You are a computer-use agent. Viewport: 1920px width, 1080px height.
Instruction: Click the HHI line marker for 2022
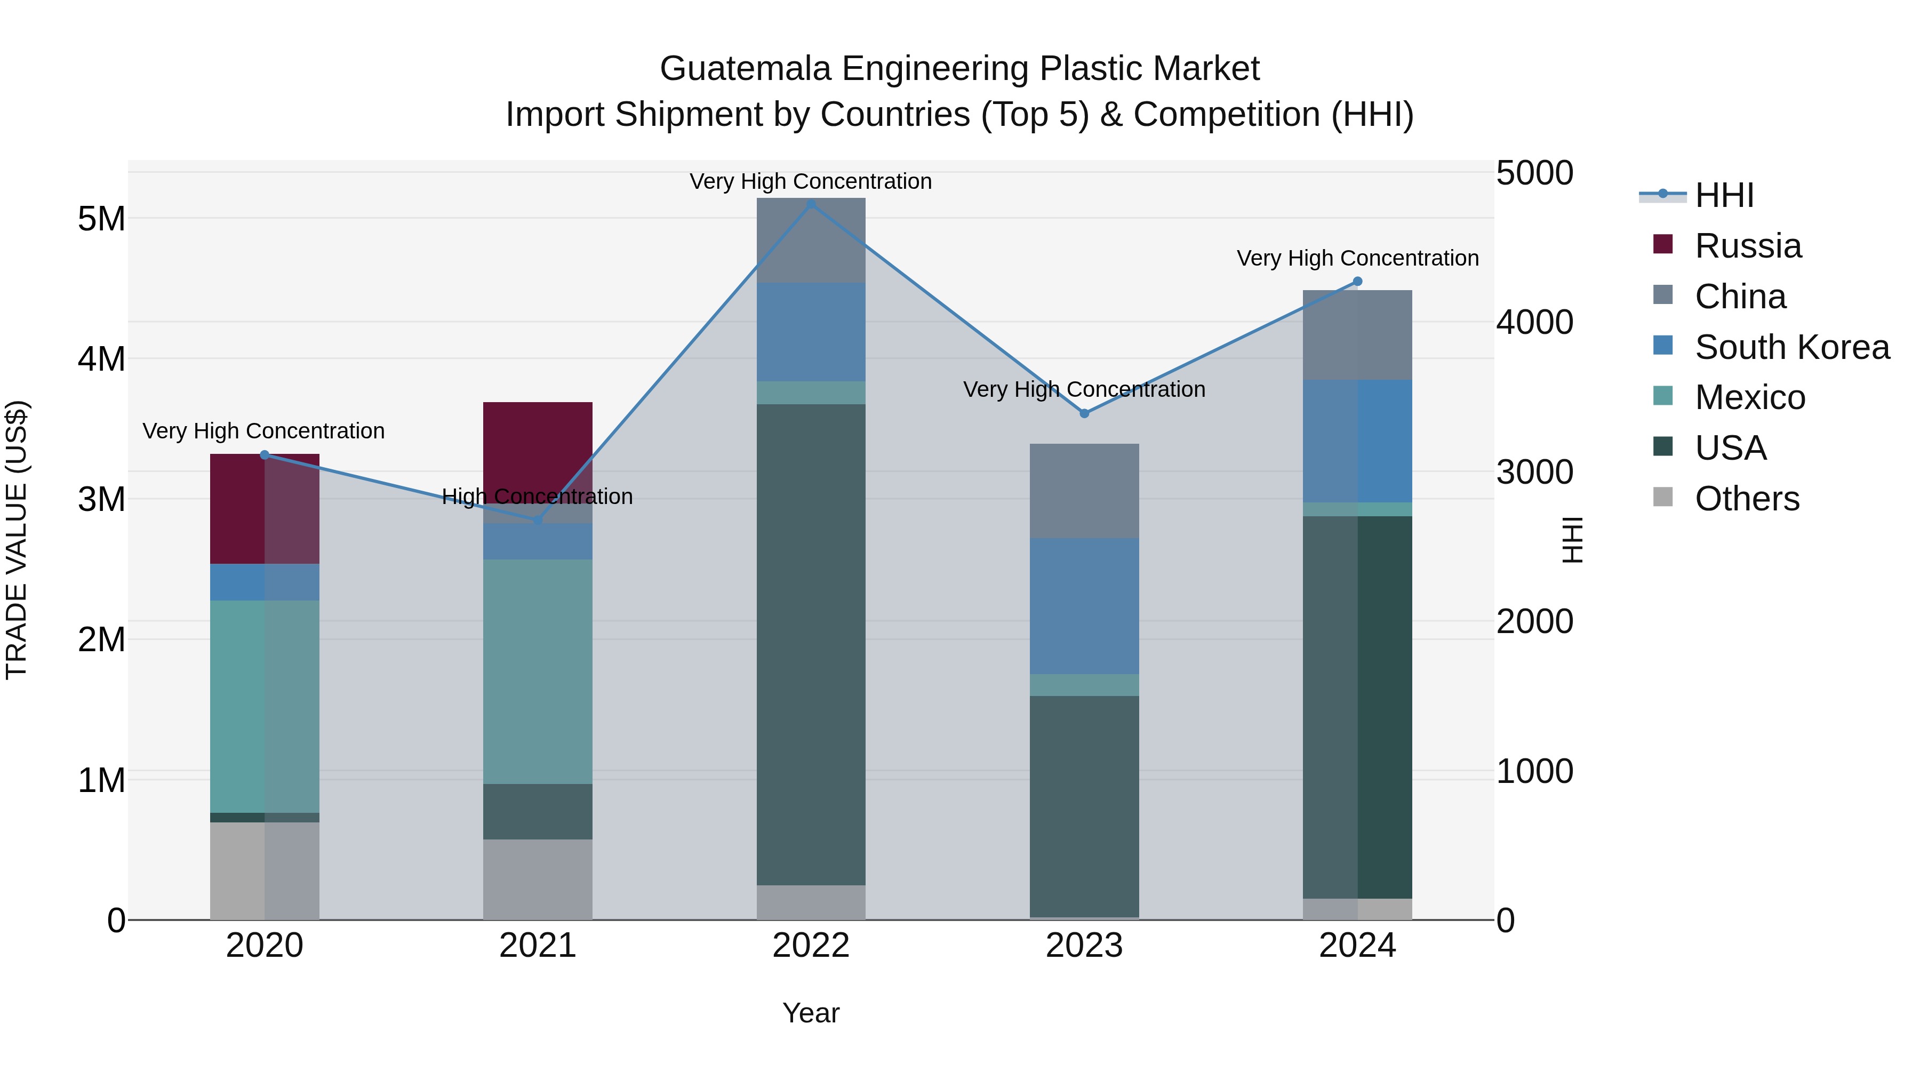(x=811, y=204)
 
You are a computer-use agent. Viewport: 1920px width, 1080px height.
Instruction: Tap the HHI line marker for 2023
(x=1084, y=414)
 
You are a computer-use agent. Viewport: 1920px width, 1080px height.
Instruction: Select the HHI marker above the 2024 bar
(x=1357, y=282)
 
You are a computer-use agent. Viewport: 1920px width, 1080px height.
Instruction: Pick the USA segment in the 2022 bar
(x=811, y=645)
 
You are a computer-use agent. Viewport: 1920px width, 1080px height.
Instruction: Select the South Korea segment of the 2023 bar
(x=1084, y=606)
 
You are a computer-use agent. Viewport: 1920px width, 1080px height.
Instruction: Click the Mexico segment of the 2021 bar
(x=538, y=671)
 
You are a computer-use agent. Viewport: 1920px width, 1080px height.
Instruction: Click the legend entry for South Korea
(x=1792, y=347)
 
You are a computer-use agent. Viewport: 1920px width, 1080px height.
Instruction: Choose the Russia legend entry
(x=1748, y=246)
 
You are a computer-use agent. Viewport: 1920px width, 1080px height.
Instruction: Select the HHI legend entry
(x=1724, y=195)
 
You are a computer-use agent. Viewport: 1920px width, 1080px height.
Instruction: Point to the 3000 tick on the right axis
(x=1534, y=473)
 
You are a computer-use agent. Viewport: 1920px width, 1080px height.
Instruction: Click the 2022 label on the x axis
(x=811, y=946)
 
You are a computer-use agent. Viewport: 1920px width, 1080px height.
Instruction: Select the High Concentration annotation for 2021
(x=538, y=497)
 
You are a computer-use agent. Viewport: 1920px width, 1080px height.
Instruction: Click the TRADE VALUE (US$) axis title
(x=17, y=540)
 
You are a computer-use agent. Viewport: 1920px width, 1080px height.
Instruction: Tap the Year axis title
(x=811, y=1013)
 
